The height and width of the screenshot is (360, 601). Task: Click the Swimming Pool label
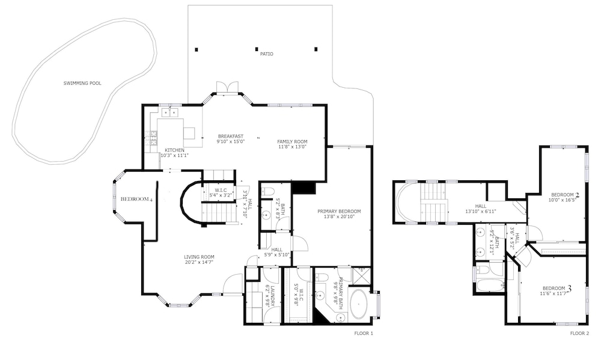[x=82, y=83]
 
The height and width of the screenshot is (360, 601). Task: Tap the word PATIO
[x=267, y=54]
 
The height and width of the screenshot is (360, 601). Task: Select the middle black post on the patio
[x=257, y=49]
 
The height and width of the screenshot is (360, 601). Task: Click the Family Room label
[x=292, y=141]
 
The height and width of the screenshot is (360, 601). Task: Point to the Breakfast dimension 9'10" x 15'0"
[x=231, y=141]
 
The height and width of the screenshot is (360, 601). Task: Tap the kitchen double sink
[x=169, y=112]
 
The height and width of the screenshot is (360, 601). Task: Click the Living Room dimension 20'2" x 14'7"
[x=199, y=262]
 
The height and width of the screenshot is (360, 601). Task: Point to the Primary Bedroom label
[x=339, y=211]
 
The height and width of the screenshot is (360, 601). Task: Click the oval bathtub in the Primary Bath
[x=359, y=304]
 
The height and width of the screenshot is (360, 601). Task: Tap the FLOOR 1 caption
[x=364, y=333]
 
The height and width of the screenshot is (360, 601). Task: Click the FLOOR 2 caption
[x=579, y=333]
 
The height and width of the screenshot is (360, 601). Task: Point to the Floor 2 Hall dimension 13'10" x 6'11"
[x=481, y=211]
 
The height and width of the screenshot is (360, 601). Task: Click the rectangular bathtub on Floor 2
[x=489, y=285]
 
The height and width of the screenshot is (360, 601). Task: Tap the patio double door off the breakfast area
[x=228, y=87]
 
